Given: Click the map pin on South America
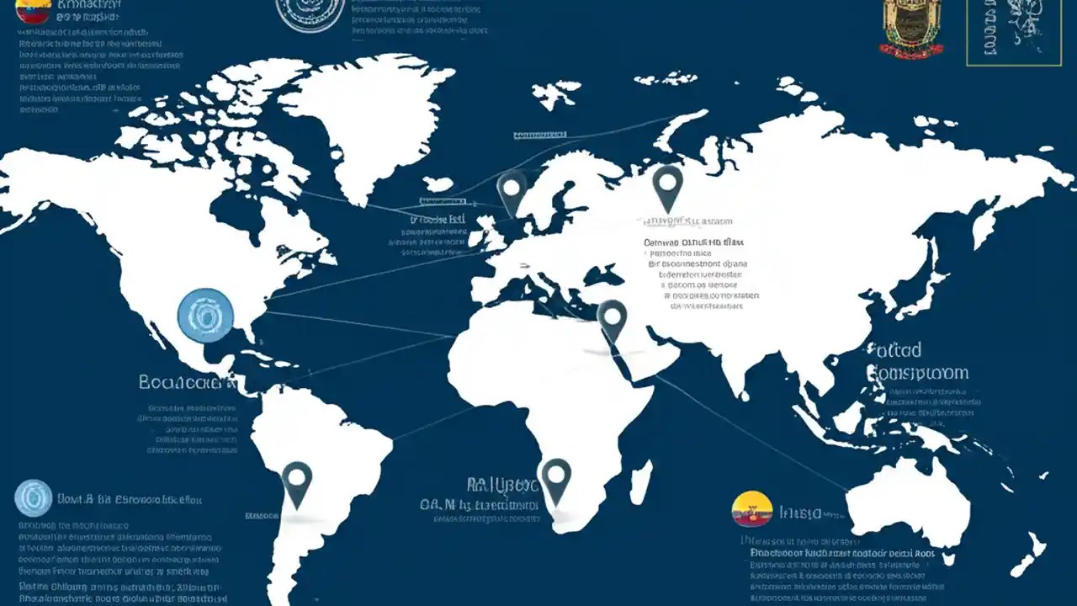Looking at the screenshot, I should (x=297, y=481).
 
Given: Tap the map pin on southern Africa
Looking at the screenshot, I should (x=555, y=477).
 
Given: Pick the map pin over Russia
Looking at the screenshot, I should (x=667, y=185).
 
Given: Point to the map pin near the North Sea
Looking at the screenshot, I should (x=512, y=189).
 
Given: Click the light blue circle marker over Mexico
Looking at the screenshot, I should (x=206, y=315).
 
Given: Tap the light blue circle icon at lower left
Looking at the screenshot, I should (x=34, y=497).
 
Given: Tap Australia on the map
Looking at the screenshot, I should (x=909, y=505).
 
